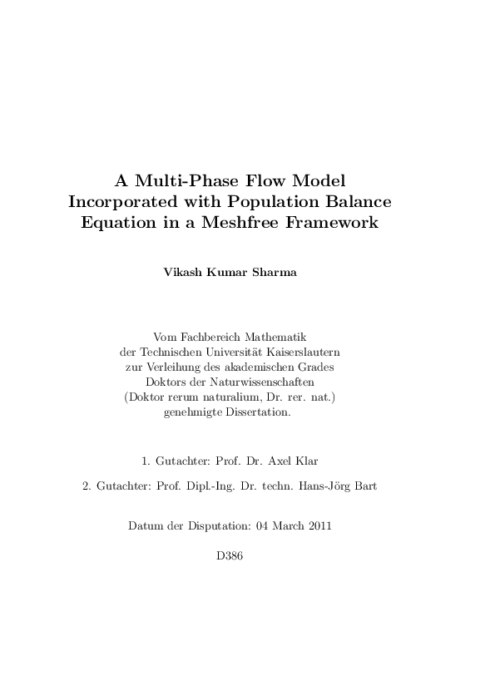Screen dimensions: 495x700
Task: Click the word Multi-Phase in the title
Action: (186, 180)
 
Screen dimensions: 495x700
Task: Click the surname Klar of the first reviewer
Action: (306, 461)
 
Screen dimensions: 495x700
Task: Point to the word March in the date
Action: (286, 526)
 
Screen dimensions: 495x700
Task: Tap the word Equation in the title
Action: (113, 223)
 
